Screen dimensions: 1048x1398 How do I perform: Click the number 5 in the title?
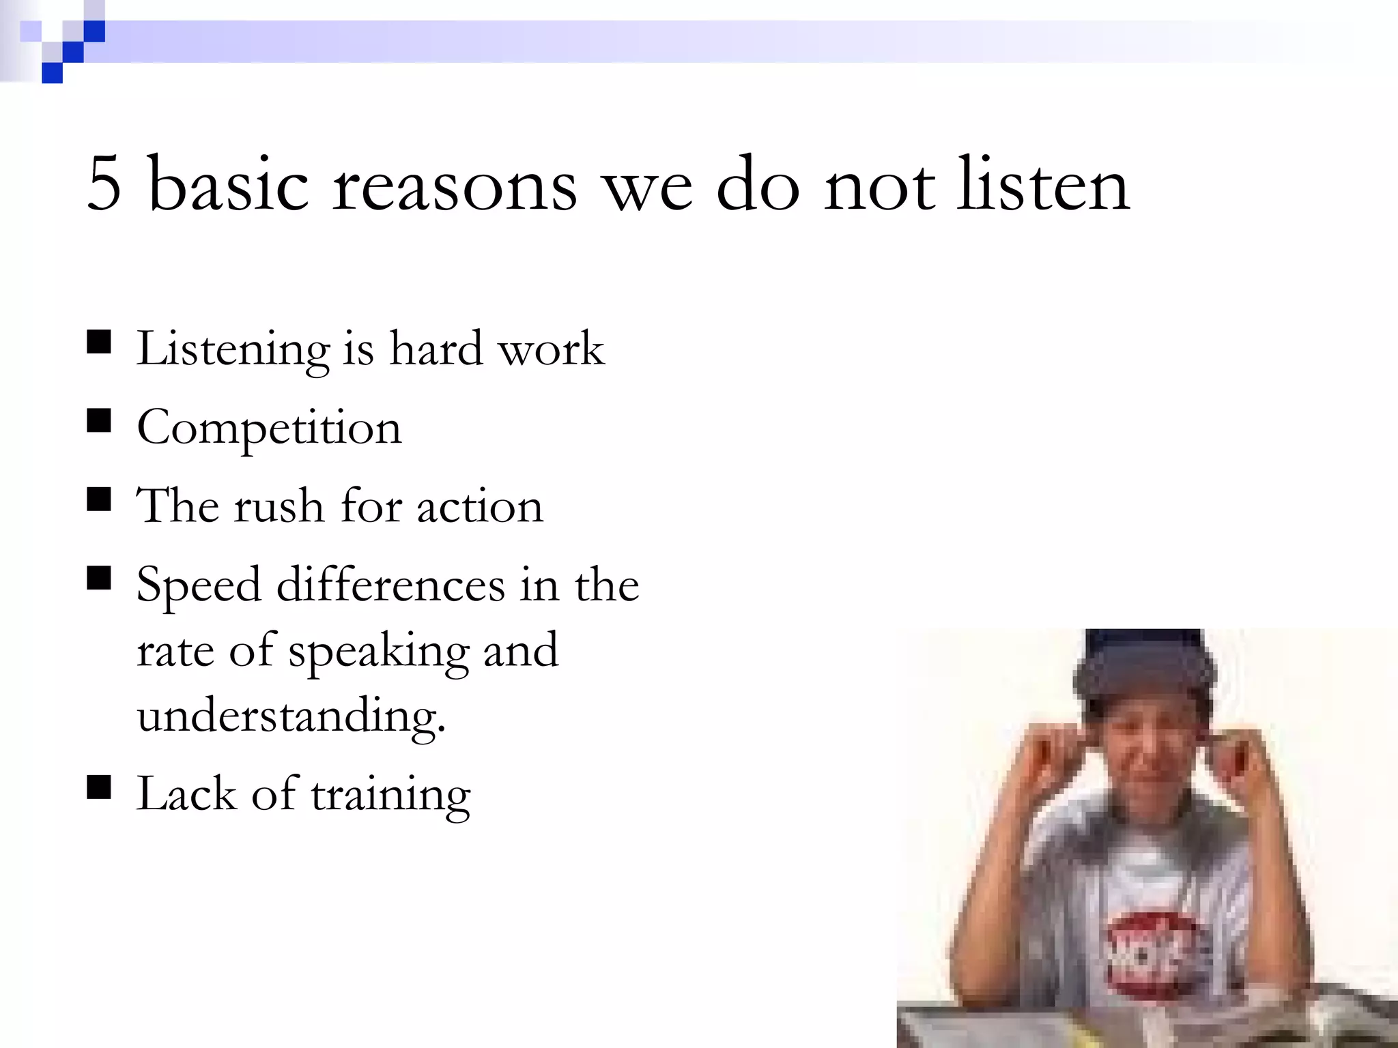104,183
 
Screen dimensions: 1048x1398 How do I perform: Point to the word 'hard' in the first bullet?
436,348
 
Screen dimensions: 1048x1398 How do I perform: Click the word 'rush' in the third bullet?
279,506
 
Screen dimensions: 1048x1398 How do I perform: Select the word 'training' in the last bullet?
391,796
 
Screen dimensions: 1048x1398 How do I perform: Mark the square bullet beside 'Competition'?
100,421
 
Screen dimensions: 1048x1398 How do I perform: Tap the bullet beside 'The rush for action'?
100,499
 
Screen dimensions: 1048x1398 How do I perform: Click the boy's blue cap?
1145,665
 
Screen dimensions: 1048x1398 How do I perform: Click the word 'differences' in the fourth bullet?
390,585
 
